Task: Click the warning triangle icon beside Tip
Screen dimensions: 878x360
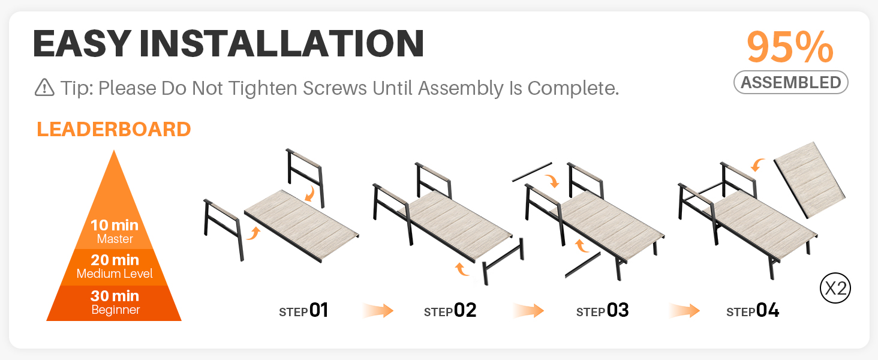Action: click(44, 88)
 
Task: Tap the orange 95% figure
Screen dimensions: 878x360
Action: click(790, 47)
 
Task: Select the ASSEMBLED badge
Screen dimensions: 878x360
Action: click(791, 82)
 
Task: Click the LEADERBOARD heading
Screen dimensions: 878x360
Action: click(114, 130)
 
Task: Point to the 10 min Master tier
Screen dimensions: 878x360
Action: click(114, 232)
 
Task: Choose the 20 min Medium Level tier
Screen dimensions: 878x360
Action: click(114, 267)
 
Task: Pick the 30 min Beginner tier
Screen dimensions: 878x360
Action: click(114, 303)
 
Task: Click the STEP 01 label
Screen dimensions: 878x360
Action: click(303, 311)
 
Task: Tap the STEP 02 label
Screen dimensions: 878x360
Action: click(450, 311)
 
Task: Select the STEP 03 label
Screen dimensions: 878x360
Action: click(603, 311)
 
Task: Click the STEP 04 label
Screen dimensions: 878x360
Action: click(753, 311)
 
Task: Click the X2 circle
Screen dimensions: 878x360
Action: click(835, 288)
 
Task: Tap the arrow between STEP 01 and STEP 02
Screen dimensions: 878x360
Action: click(378, 311)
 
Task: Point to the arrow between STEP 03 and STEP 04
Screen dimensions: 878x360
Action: click(684, 311)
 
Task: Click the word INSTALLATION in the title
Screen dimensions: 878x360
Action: click(281, 44)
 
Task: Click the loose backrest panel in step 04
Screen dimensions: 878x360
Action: click(810, 181)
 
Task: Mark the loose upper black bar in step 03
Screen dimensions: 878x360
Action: click(532, 172)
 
